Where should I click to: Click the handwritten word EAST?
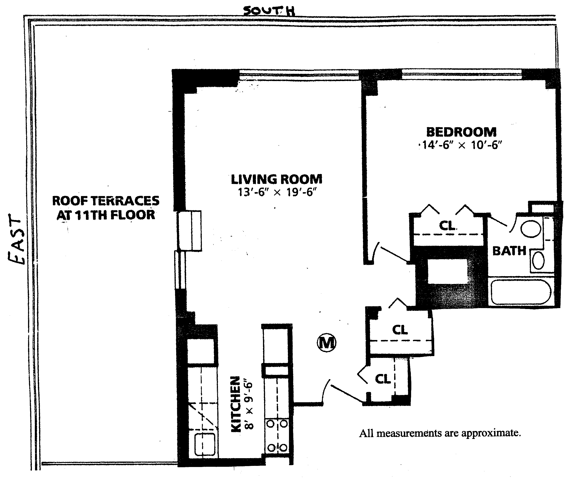(x=16, y=239)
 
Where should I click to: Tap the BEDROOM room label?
(x=461, y=132)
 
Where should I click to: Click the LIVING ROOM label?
(x=276, y=180)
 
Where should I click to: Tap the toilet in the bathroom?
(x=531, y=229)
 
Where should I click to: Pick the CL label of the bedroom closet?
(x=448, y=225)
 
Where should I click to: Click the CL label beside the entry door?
(x=383, y=379)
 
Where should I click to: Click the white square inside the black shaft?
(x=448, y=271)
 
